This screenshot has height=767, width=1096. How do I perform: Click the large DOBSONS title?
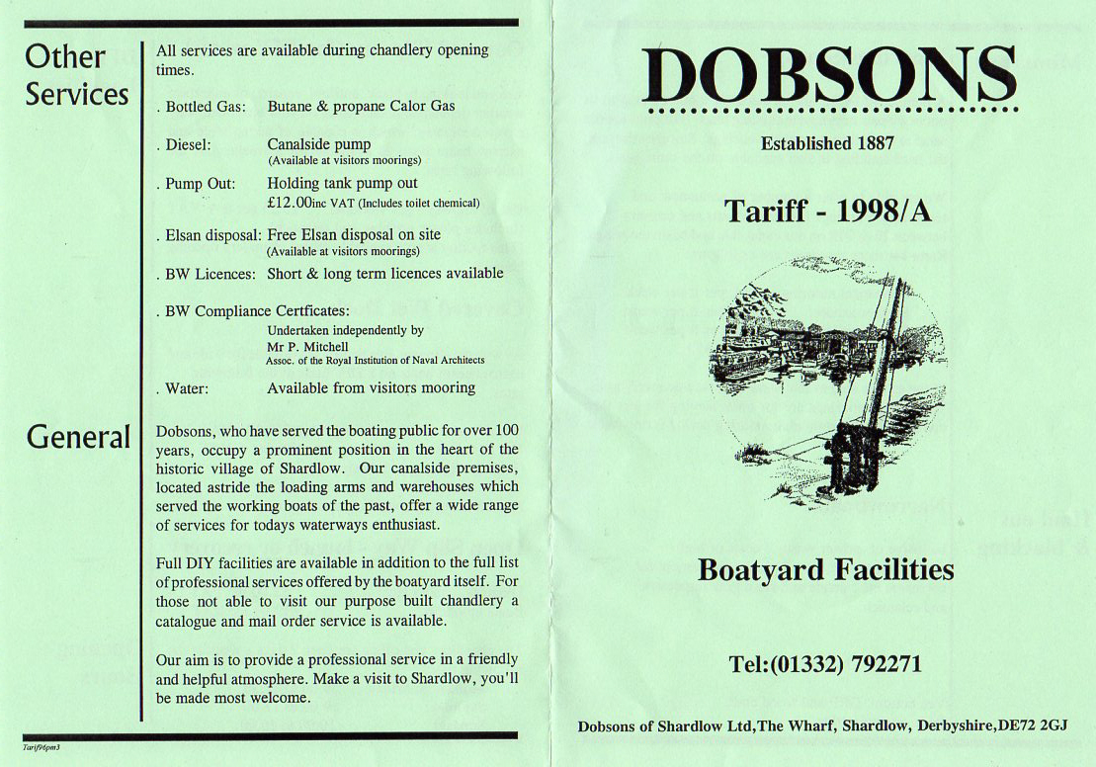point(828,76)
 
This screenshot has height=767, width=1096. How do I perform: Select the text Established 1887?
point(827,143)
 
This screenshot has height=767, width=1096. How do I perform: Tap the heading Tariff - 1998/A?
point(827,211)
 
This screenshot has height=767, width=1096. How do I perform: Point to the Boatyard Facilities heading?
point(825,570)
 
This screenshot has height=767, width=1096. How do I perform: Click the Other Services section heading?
point(77,75)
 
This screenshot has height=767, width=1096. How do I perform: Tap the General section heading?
point(78,437)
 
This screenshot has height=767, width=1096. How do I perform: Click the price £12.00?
point(289,203)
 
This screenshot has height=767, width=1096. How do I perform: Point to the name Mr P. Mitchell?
point(307,347)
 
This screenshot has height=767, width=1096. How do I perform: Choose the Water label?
point(186,388)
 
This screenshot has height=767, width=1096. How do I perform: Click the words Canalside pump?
point(319,144)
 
